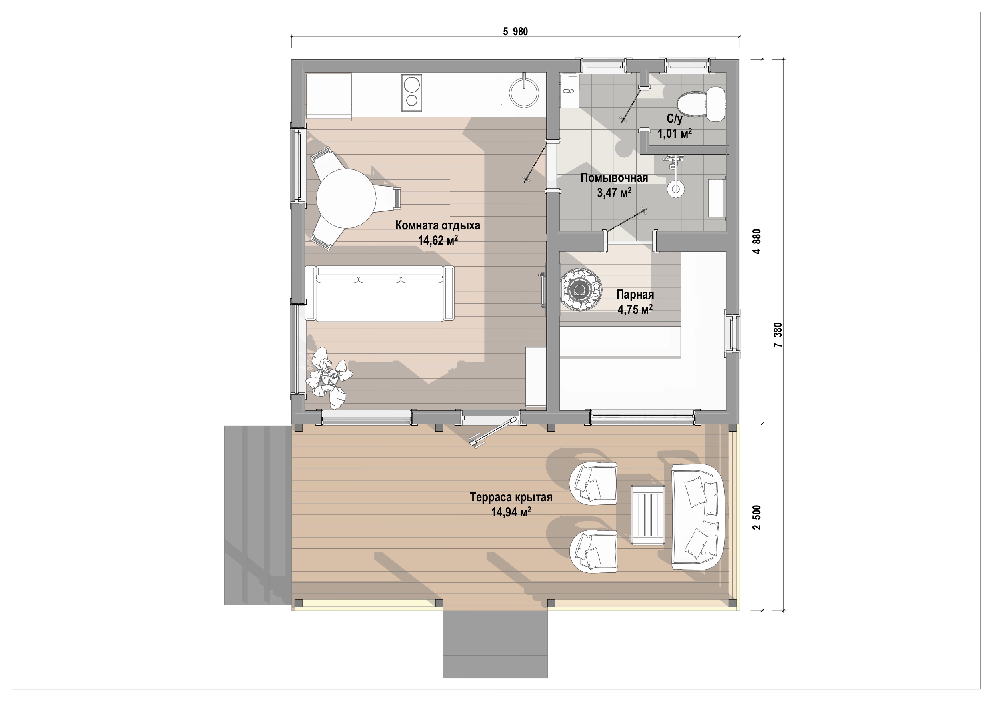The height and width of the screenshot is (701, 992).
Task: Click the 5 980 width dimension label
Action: [x=515, y=31]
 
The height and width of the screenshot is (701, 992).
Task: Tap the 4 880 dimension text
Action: [x=756, y=241]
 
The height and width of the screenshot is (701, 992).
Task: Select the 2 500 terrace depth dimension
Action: [x=756, y=518]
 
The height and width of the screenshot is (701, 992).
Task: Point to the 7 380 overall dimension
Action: [x=778, y=335]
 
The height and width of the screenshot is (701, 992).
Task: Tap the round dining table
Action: [x=346, y=199]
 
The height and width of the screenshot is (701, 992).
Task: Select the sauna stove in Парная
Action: [x=581, y=289]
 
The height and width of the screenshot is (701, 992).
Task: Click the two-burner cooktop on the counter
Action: [x=109, y=93]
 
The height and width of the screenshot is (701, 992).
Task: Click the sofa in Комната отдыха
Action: [x=380, y=294]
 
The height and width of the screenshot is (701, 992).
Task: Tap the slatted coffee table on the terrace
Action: [x=648, y=514]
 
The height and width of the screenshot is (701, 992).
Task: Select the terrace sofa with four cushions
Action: [x=697, y=517]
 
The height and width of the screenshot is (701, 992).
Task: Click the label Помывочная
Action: [x=614, y=178]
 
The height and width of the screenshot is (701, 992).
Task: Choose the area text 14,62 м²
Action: [x=438, y=240]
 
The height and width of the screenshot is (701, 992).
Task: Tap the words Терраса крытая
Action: [x=511, y=497]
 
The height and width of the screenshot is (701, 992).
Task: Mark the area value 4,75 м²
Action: [x=635, y=309]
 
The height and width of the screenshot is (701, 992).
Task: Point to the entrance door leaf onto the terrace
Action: [x=494, y=432]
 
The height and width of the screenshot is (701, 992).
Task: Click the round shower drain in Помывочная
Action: [x=675, y=188]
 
